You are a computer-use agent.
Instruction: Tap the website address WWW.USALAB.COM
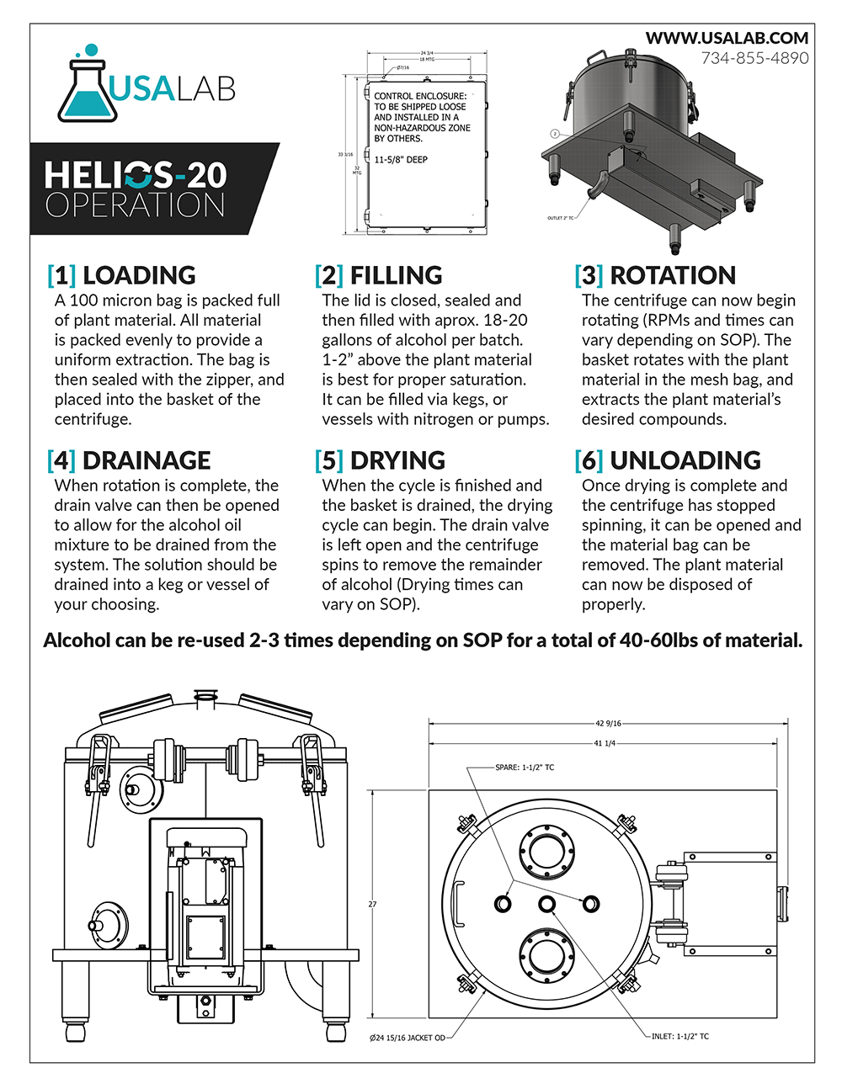coord(727,38)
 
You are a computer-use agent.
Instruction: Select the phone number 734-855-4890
coord(754,58)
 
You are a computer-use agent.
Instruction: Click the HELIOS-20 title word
coord(136,175)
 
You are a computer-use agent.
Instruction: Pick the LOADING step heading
coord(139,275)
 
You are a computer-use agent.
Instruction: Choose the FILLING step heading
coord(396,275)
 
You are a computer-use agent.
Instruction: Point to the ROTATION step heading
coord(673,275)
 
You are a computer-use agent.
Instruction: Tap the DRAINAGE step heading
coord(147,460)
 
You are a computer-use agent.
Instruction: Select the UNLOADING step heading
coord(685,460)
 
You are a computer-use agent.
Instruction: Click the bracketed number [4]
coord(61,460)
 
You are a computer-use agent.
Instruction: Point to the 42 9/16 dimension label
coord(608,723)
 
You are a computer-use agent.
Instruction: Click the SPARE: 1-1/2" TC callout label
coord(525,768)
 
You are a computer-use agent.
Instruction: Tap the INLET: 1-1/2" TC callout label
coord(680,1036)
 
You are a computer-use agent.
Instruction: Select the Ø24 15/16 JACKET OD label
coord(408,1038)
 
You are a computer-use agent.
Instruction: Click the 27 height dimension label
coord(372,905)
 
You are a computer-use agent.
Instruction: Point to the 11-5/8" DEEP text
coord(401,160)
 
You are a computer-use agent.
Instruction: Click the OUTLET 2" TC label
coord(560,218)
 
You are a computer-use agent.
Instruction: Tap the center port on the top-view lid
coord(547,904)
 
